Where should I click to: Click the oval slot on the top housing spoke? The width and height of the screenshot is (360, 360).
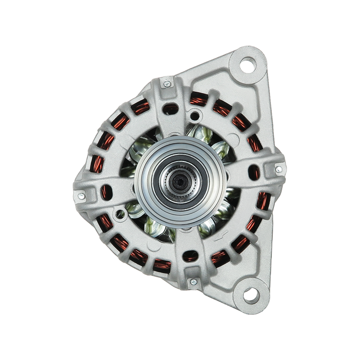pyautogui.click(x=170, y=108)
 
